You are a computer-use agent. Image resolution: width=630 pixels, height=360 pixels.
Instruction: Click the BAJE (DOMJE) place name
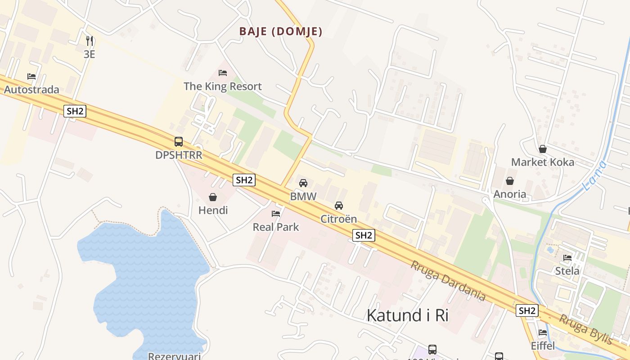pyautogui.click(x=281, y=31)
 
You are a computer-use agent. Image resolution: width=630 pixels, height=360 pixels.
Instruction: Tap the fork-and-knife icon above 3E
pyautogui.click(x=90, y=41)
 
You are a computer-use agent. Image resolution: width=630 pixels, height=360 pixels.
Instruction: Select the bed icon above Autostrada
pyautogui.click(x=31, y=76)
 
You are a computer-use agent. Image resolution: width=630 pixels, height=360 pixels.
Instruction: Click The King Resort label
pyautogui.click(x=222, y=86)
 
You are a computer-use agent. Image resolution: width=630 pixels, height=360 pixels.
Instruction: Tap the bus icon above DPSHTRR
pyautogui.click(x=179, y=142)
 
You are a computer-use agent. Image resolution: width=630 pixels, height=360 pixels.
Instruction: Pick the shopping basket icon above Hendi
pyautogui.click(x=213, y=197)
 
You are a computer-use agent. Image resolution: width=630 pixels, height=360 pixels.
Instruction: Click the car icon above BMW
pyautogui.click(x=303, y=183)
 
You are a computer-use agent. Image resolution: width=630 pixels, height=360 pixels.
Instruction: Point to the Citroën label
pyautogui.click(x=338, y=219)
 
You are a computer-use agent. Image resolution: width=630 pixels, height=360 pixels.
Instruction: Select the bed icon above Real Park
pyautogui.click(x=276, y=213)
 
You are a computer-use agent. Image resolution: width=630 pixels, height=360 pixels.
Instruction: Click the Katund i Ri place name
pyautogui.click(x=407, y=315)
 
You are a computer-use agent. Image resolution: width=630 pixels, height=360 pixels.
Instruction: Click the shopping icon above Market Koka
pyautogui.click(x=543, y=149)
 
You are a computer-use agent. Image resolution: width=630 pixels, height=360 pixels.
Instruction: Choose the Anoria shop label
pyautogui.click(x=510, y=194)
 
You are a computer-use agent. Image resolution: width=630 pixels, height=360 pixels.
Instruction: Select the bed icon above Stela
pyautogui.click(x=567, y=258)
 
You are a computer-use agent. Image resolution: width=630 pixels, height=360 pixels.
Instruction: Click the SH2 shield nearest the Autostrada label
pyautogui.click(x=75, y=111)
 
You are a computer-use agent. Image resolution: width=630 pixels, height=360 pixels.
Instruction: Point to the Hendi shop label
pyautogui.click(x=213, y=210)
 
